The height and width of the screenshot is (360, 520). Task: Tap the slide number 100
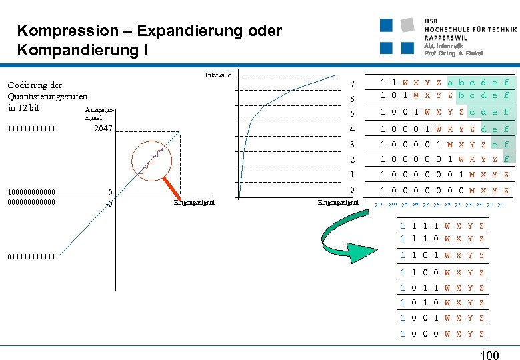click(489, 356)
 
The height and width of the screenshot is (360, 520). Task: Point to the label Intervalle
click(218, 75)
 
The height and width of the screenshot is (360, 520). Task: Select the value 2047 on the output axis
click(103, 128)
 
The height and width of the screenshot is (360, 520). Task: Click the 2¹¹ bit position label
click(378, 205)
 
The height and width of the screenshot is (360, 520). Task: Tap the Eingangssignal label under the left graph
click(193, 202)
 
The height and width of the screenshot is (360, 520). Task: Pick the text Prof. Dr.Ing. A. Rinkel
click(453, 53)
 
